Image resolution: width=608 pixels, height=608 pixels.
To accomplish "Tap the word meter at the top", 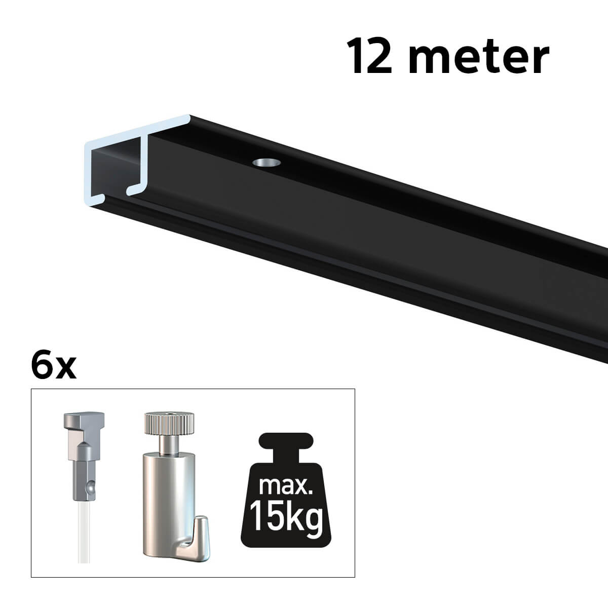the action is point(480,59).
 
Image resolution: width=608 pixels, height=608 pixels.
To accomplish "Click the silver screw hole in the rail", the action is point(267,163).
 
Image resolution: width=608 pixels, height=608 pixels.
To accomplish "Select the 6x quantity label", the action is point(54,367).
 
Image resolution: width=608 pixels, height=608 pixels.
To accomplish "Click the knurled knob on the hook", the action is point(169,423).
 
